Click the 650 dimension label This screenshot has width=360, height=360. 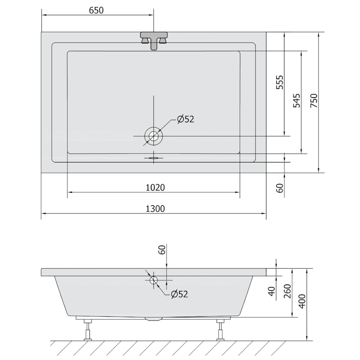click(x=96, y=10)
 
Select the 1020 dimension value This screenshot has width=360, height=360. click(x=155, y=188)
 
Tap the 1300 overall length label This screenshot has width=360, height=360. click(x=155, y=209)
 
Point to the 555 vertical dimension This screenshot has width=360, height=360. click(x=280, y=82)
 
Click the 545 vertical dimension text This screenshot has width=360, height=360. click(x=297, y=100)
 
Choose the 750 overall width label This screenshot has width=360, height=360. click(x=314, y=100)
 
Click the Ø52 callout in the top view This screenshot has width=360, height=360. click(x=185, y=119)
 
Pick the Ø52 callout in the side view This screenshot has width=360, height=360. click(x=180, y=294)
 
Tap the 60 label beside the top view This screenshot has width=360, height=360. click(x=280, y=188)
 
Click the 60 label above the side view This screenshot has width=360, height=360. click(x=162, y=250)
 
